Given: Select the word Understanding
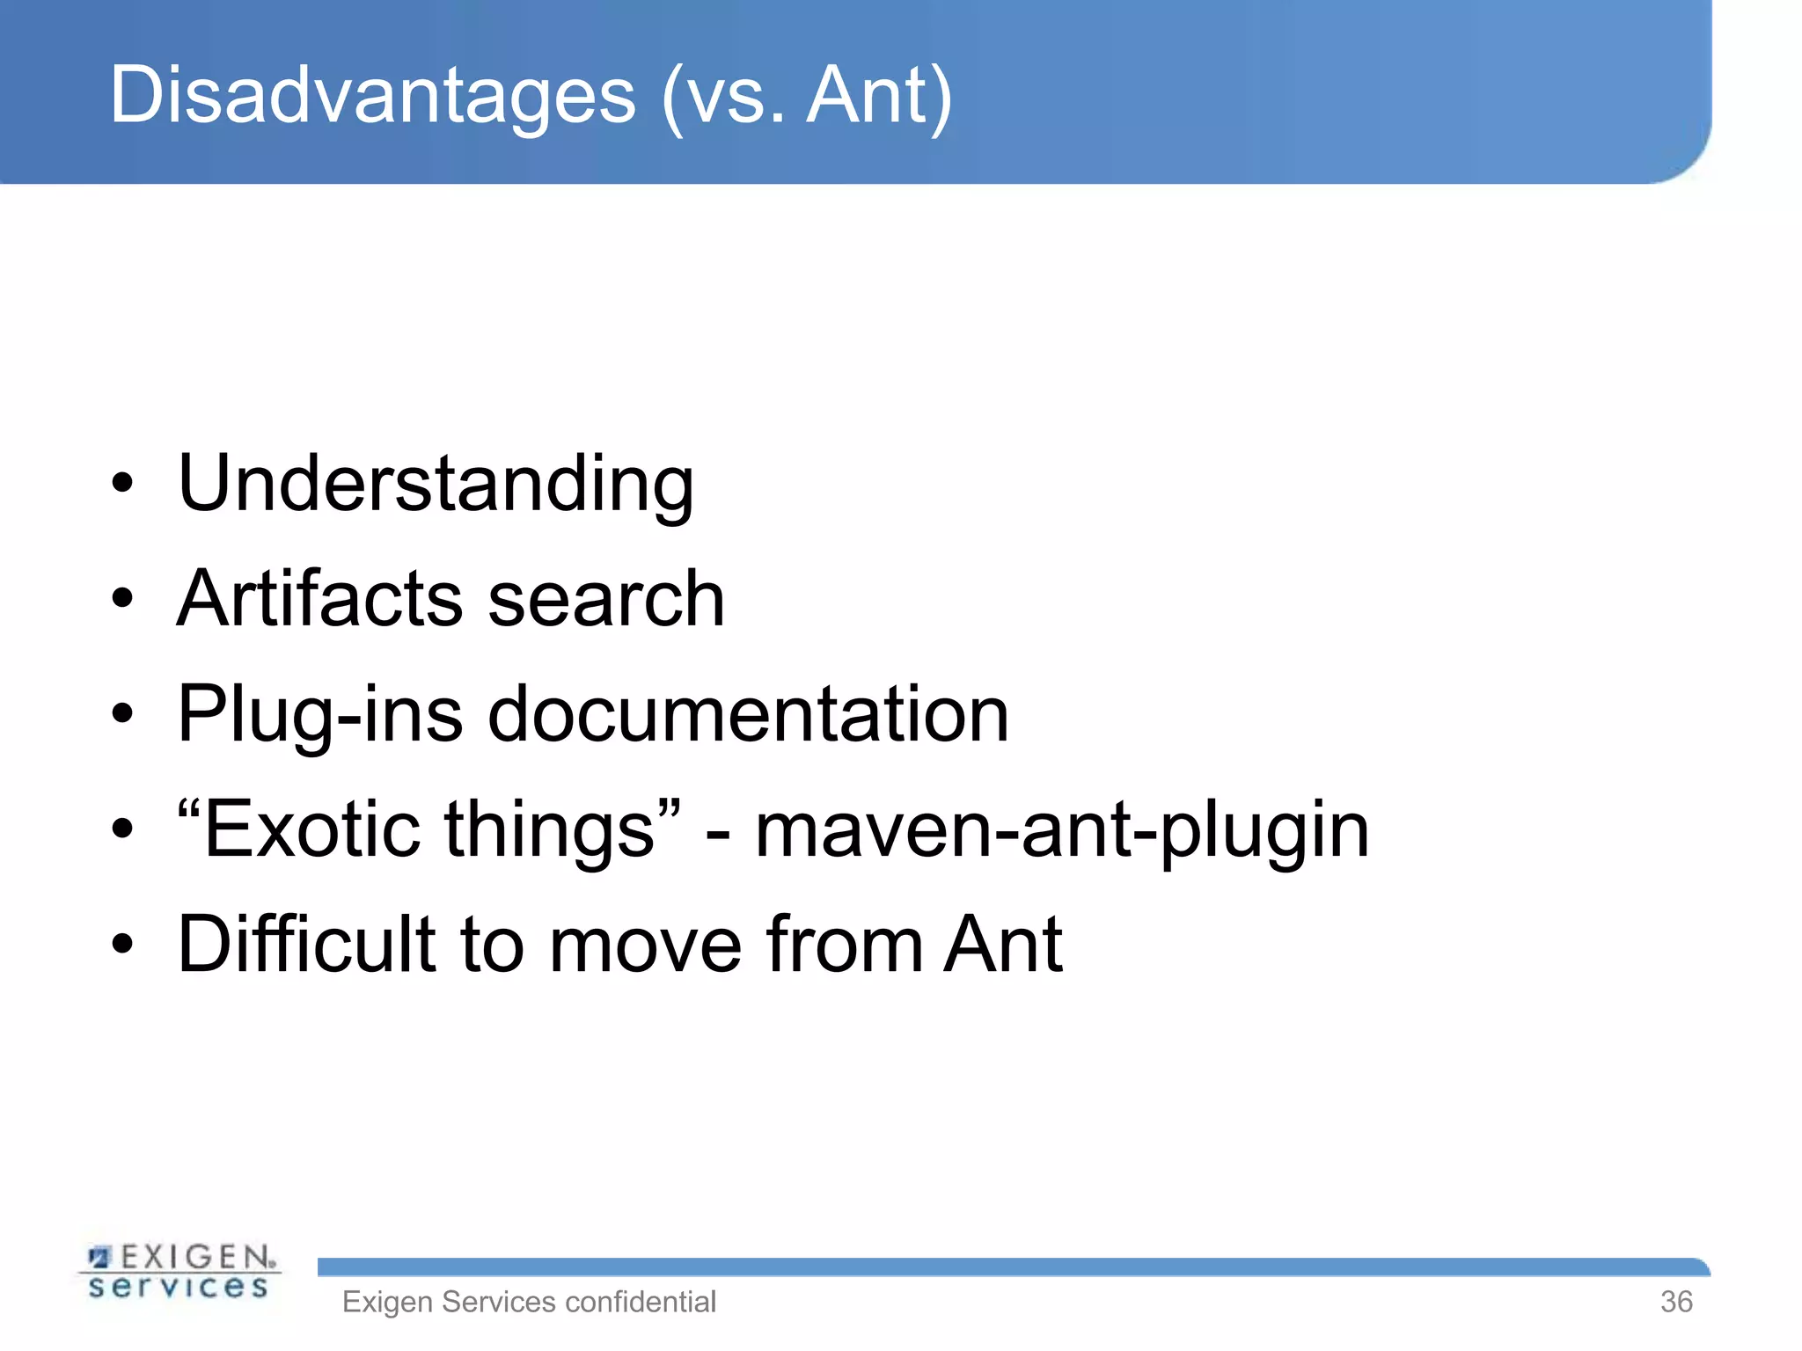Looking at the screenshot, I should (x=436, y=484).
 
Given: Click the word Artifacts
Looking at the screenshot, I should (x=319, y=599).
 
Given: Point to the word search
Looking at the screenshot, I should (x=606, y=599).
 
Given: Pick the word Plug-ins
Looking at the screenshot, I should (x=319, y=714).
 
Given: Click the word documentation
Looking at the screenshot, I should (x=748, y=714).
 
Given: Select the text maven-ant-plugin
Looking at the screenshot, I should (x=1062, y=831).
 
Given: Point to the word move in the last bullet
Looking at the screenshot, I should (x=647, y=945).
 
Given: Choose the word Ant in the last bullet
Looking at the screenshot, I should (x=1003, y=945).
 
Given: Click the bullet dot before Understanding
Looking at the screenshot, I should (x=122, y=484).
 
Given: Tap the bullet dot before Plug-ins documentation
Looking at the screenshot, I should (x=122, y=714).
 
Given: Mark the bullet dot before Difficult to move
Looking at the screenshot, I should (x=122, y=945).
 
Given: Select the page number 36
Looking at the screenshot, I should (x=1676, y=1302).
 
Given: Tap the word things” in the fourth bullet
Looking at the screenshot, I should (x=563, y=829).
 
